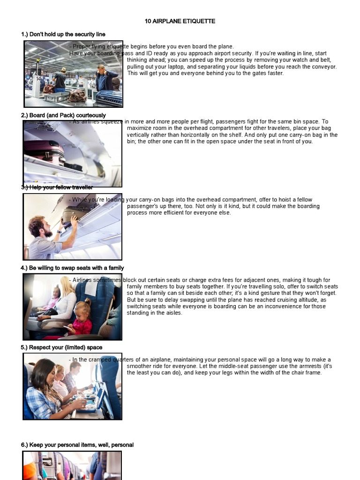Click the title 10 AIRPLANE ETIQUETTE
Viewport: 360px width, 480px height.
(180, 22)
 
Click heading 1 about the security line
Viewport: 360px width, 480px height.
(63, 34)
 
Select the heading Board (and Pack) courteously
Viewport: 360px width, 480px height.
(63, 115)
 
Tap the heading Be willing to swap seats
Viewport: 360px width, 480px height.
(72, 268)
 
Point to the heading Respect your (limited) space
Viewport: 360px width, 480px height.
(61, 347)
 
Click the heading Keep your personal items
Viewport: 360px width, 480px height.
(77, 445)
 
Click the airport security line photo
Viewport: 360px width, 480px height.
(73, 74)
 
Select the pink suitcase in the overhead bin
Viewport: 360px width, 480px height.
(44, 151)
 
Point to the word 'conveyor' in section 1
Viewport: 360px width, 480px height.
(324, 67)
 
